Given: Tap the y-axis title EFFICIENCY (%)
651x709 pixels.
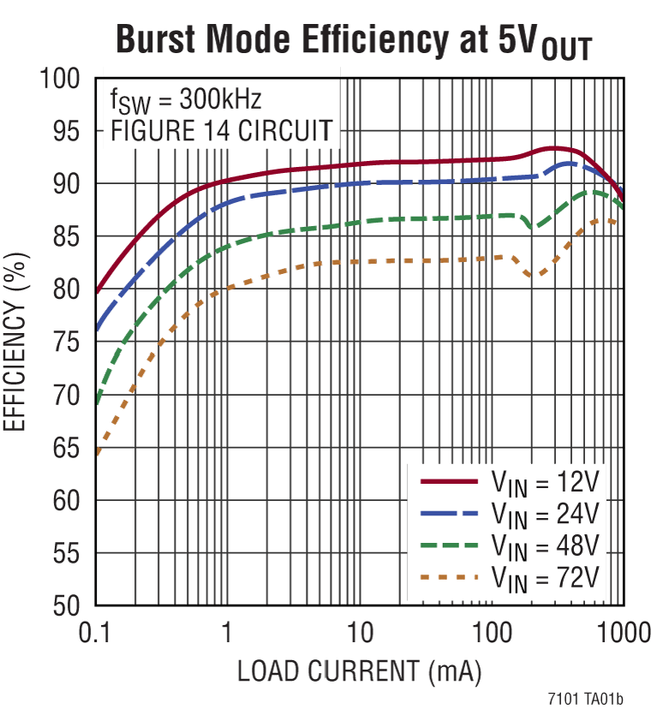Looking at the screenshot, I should point(19,343).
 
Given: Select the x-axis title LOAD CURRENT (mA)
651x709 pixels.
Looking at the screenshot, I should point(359,669).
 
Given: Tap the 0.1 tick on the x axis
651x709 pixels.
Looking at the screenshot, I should point(95,633).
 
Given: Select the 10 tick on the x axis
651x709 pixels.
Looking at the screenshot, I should point(360,633).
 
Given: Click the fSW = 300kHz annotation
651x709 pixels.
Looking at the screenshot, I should point(185,102).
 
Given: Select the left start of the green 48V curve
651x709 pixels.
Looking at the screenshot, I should point(97,401).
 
